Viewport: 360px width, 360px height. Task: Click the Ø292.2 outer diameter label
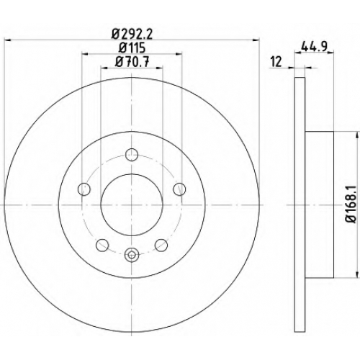pyautogui.click(x=132, y=35)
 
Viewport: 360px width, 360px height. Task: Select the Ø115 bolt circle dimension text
pyautogui.click(x=132, y=49)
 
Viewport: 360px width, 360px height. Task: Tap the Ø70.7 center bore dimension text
pyautogui.click(x=132, y=63)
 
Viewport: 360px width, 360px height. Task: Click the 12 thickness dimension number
pyautogui.click(x=276, y=62)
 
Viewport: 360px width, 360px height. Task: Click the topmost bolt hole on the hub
pyautogui.click(x=132, y=155)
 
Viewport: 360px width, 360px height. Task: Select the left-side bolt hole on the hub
pyautogui.click(x=84, y=189)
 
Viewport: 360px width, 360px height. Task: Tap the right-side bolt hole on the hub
pyautogui.click(x=179, y=189)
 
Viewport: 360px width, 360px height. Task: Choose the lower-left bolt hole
pyautogui.click(x=102, y=245)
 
